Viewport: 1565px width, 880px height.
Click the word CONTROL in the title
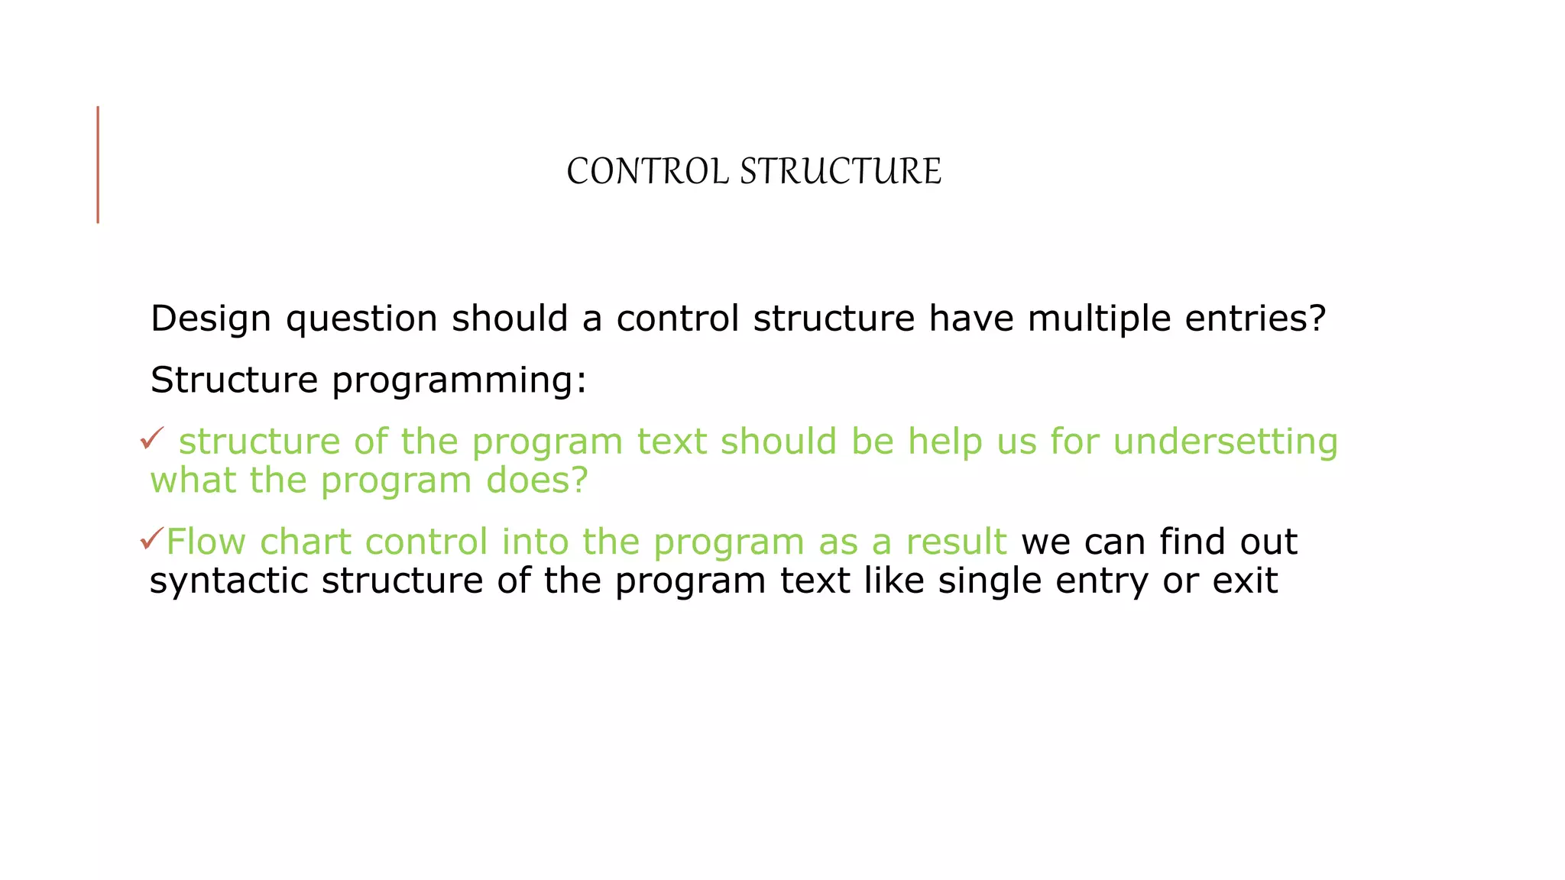(647, 171)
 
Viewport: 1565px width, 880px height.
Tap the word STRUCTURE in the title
(841, 171)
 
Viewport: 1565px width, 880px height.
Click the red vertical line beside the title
(98, 164)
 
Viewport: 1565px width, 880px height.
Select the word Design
(210, 319)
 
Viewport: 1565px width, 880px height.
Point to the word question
(361, 319)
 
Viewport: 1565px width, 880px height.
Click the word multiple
(1099, 319)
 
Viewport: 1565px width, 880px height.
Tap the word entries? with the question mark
(1255, 319)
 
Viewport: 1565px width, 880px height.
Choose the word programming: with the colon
(459, 380)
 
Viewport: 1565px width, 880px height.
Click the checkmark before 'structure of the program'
(152, 438)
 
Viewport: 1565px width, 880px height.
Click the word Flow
(206, 542)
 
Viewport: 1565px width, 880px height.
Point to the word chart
(305, 542)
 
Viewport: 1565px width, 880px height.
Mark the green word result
(956, 542)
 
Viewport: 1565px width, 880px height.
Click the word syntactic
(228, 581)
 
